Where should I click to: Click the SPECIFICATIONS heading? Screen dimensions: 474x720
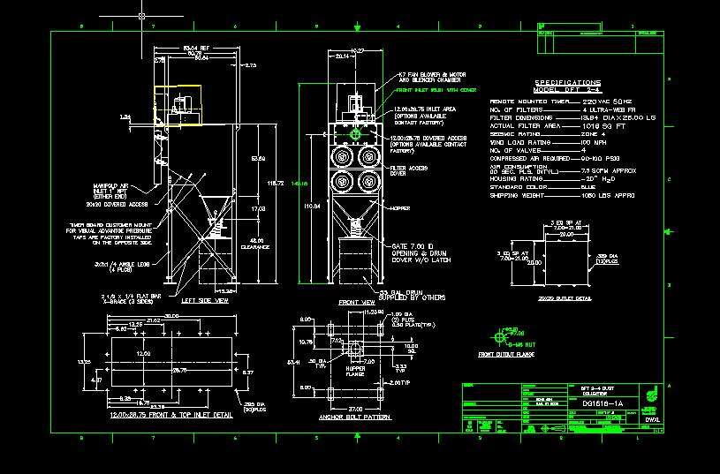coord(568,82)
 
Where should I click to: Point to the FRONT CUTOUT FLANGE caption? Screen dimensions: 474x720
coord(509,355)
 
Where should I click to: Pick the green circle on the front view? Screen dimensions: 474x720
coord(356,134)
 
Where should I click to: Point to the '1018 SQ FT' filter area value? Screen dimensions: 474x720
coord(603,125)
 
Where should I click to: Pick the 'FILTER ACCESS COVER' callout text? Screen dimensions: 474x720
coord(405,169)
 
